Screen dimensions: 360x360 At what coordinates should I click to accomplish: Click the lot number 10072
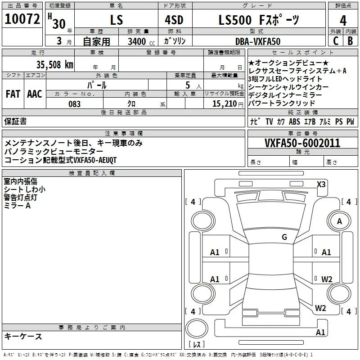tap(22, 19)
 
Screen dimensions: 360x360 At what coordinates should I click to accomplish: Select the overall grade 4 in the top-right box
tap(343, 21)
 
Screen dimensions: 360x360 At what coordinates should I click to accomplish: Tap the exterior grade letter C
tap(336, 41)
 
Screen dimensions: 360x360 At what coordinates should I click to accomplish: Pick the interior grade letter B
tap(350, 41)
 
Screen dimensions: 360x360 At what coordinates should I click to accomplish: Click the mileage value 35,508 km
tap(54, 64)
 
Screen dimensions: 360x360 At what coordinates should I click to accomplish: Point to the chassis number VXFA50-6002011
tap(302, 143)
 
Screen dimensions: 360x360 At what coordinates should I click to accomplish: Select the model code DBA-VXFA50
tap(258, 41)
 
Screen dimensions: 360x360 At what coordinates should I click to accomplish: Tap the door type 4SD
tap(174, 20)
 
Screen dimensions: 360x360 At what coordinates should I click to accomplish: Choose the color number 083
tap(74, 104)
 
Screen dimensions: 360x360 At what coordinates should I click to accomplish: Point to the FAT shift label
tap(13, 94)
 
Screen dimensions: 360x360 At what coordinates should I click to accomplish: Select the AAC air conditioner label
tap(35, 94)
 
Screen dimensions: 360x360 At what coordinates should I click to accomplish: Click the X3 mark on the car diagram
tap(321, 184)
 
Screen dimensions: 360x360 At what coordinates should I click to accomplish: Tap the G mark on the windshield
tap(284, 237)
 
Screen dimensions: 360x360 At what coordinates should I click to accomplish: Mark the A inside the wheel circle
tap(339, 221)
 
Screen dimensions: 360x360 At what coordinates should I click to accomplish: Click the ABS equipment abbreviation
tap(294, 121)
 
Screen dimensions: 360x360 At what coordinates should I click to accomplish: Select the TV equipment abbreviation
tap(269, 121)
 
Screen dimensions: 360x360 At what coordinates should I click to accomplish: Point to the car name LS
tap(117, 20)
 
